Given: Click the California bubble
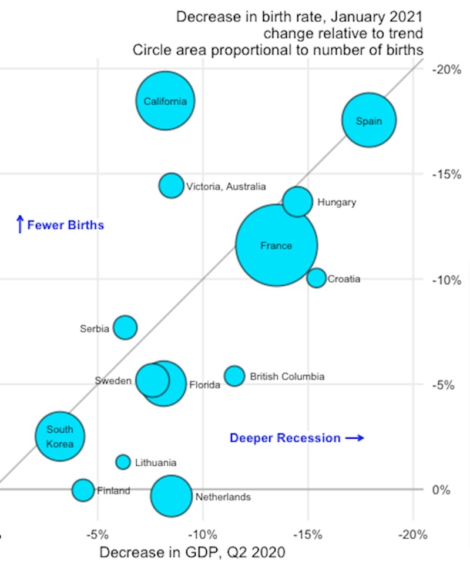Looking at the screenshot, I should coord(166,101).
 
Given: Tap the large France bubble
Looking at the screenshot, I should coord(277,245).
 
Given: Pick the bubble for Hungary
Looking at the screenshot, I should coord(298,202).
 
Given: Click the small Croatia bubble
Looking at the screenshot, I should coord(316,278).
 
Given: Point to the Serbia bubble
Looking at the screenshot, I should coord(125,328).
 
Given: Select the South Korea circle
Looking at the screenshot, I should coord(59,436).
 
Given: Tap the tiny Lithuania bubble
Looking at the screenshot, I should coord(123,462).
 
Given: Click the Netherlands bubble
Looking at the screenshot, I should coord(171,496).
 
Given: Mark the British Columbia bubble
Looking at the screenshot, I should coord(234,376).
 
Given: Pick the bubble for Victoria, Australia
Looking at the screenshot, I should coord(171,185).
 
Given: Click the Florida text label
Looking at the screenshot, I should coord(204,386).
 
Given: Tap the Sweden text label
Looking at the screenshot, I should coord(113,380).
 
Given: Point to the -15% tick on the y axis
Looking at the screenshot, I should coord(446,175).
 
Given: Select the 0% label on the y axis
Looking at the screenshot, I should coord(444,490).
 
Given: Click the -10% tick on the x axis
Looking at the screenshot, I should coord(203,535).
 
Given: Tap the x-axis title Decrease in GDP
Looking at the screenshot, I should coord(192,553).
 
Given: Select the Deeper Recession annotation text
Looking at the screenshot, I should coord(285,438).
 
